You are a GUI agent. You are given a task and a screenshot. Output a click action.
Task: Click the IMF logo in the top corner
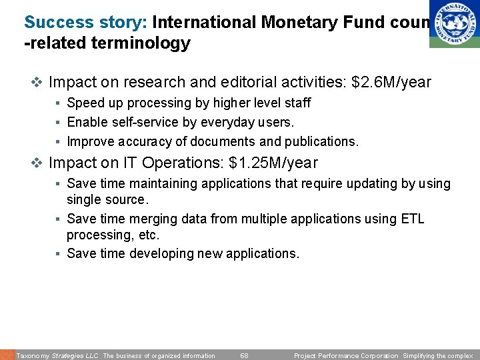(x=454, y=23)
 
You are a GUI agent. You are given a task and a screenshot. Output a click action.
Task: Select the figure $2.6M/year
(x=391, y=83)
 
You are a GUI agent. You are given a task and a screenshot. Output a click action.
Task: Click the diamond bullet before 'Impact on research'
(x=37, y=83)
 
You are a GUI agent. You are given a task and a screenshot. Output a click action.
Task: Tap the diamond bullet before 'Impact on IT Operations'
(x=37, y=163)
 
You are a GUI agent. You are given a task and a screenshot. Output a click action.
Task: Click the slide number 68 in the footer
(x=244, y=355)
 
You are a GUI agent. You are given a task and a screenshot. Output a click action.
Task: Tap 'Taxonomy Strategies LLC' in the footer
(x=57, y=355)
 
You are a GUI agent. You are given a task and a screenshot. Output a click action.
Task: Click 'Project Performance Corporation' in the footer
(x=346, y=355)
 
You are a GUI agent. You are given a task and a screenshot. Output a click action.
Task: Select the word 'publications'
(x=320, y=141)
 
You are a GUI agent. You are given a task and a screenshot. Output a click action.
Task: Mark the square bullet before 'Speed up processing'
(x=59, y=103)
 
